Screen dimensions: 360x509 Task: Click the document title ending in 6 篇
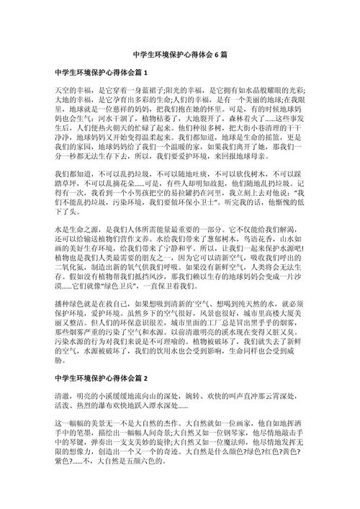click(x=180, y=55)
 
